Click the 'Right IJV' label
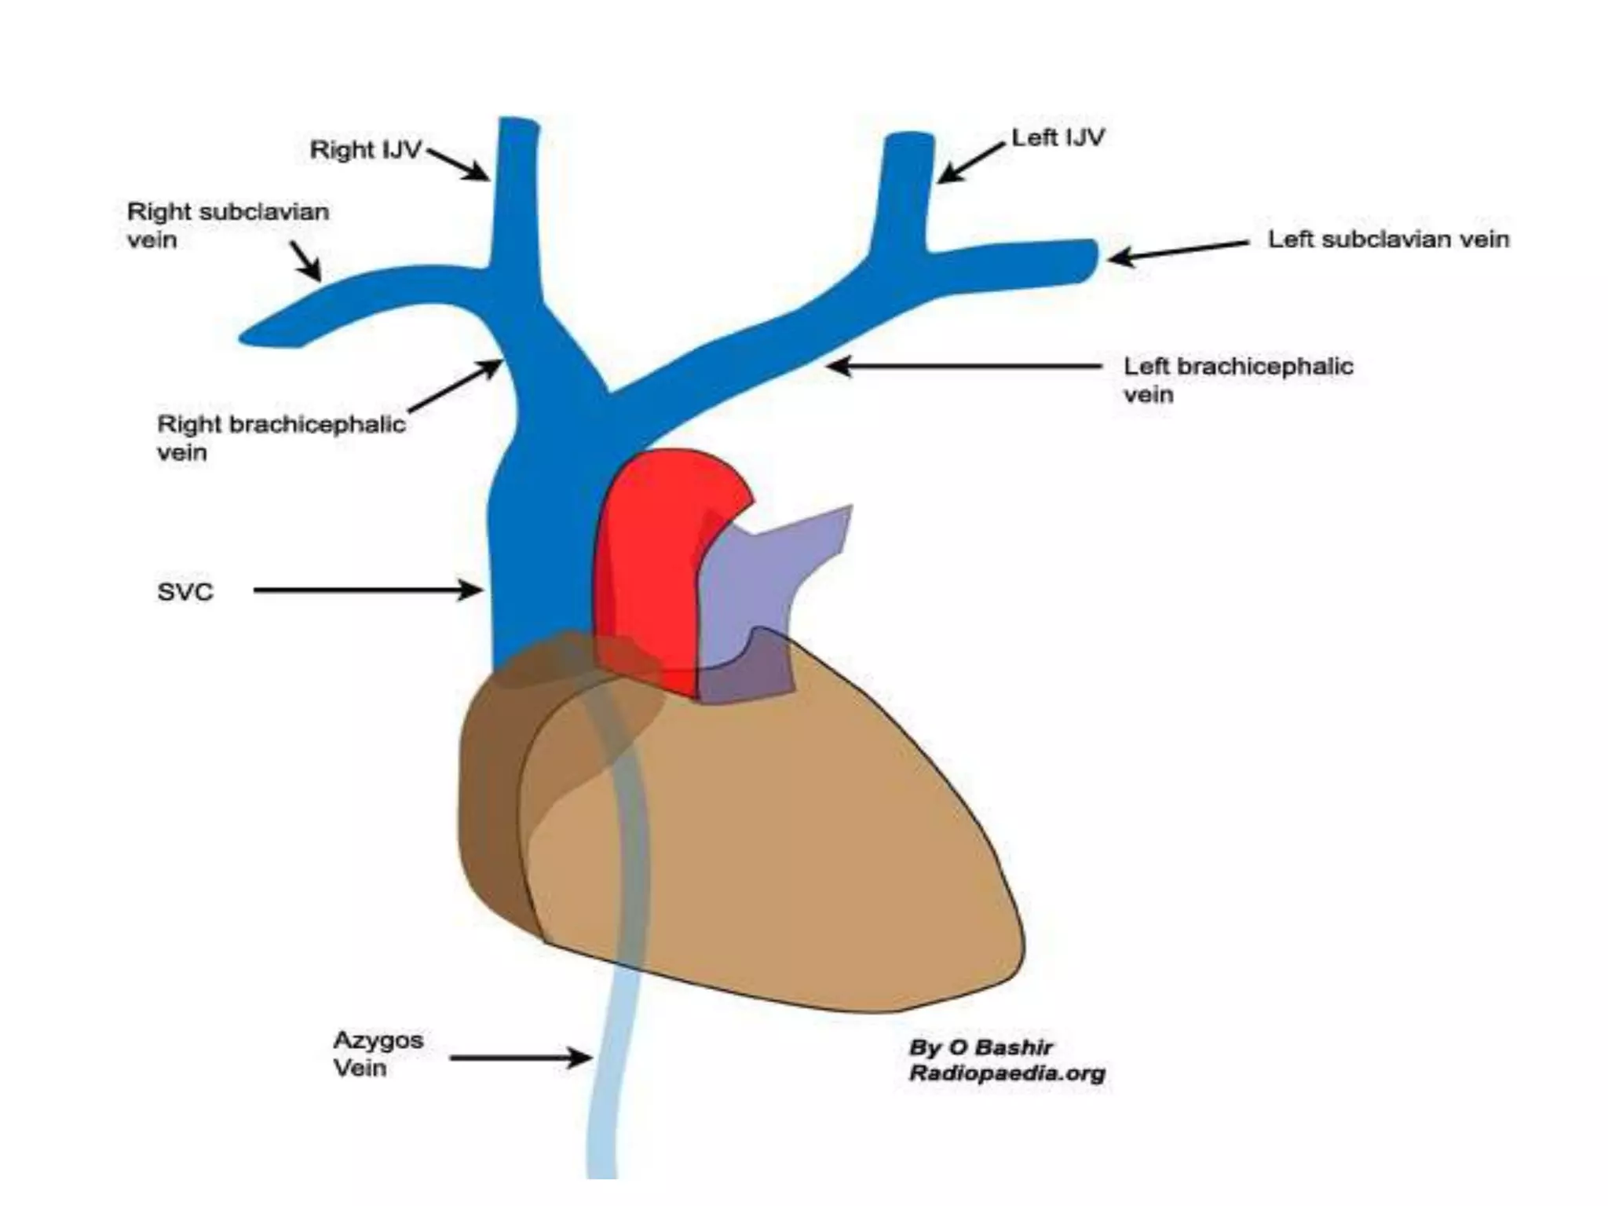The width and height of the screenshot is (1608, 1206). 366,149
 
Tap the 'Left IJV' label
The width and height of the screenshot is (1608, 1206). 1058,138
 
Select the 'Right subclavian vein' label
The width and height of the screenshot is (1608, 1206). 228,225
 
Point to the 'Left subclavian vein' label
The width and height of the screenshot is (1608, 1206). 1388,239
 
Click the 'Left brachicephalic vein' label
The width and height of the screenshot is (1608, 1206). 1238,380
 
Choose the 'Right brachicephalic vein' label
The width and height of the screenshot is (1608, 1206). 281,437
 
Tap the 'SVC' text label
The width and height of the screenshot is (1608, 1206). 185,591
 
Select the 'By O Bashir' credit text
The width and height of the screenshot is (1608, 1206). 981,1047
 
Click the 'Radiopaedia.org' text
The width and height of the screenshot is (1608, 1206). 1007,1073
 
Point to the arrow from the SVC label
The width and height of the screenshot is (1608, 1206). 367,590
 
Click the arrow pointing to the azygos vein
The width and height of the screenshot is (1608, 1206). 521,1058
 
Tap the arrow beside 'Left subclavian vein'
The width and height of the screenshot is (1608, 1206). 1178,250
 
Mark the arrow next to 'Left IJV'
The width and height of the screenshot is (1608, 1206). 971,163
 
